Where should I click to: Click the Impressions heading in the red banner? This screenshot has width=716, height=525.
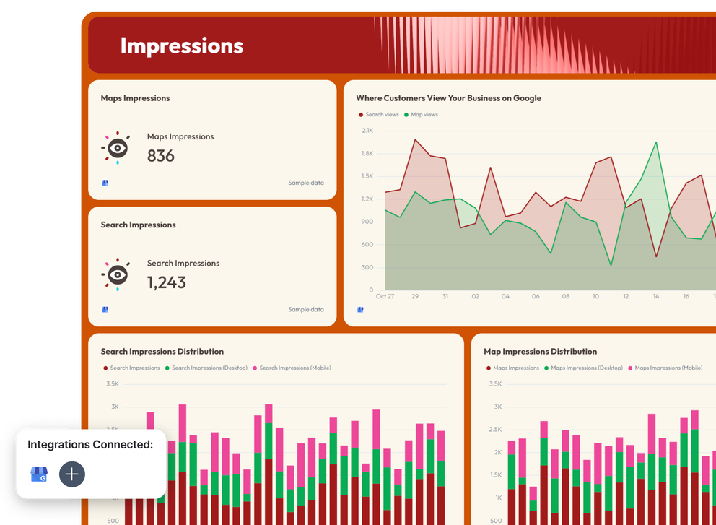tap(182, 45)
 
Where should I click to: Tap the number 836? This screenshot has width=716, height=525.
tap(161, 155)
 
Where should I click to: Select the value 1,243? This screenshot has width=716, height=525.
tap(167, 282)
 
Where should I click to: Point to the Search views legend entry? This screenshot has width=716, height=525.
tap(380, 115)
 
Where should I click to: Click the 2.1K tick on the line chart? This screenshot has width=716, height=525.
tap(367, 131)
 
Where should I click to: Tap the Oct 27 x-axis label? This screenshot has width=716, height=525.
tap(385, 296)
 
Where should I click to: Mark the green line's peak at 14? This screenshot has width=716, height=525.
tap(656, 142)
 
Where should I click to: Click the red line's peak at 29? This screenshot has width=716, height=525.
tap(415, 140)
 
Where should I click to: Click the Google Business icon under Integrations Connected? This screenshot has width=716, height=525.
tap(39, 474)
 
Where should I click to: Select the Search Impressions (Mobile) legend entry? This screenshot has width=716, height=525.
tap(294, 368)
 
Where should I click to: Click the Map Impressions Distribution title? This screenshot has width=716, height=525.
tap(540, 352)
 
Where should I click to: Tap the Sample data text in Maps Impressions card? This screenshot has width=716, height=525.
tap(306, 183)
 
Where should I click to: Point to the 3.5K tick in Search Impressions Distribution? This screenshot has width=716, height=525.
tap(112, 384)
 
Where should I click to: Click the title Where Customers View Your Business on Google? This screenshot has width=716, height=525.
tap(448, 98)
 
